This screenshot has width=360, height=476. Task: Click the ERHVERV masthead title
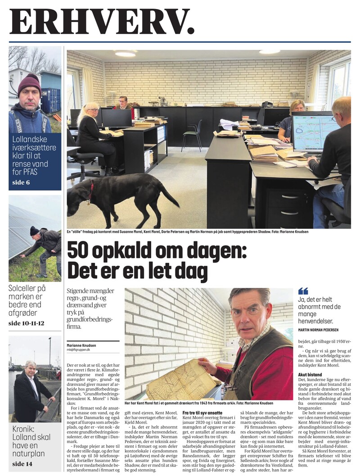[x=102, y=21]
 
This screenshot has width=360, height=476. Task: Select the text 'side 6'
[x=20, y=182]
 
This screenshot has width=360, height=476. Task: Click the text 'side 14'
[x=22, y=463]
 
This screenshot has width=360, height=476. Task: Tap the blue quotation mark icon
[x=303, y=291]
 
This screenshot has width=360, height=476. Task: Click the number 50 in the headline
[x=79, y=251]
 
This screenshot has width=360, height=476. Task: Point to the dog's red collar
[x=91, y=189]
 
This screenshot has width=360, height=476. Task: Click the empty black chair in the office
[x=193, y=133]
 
